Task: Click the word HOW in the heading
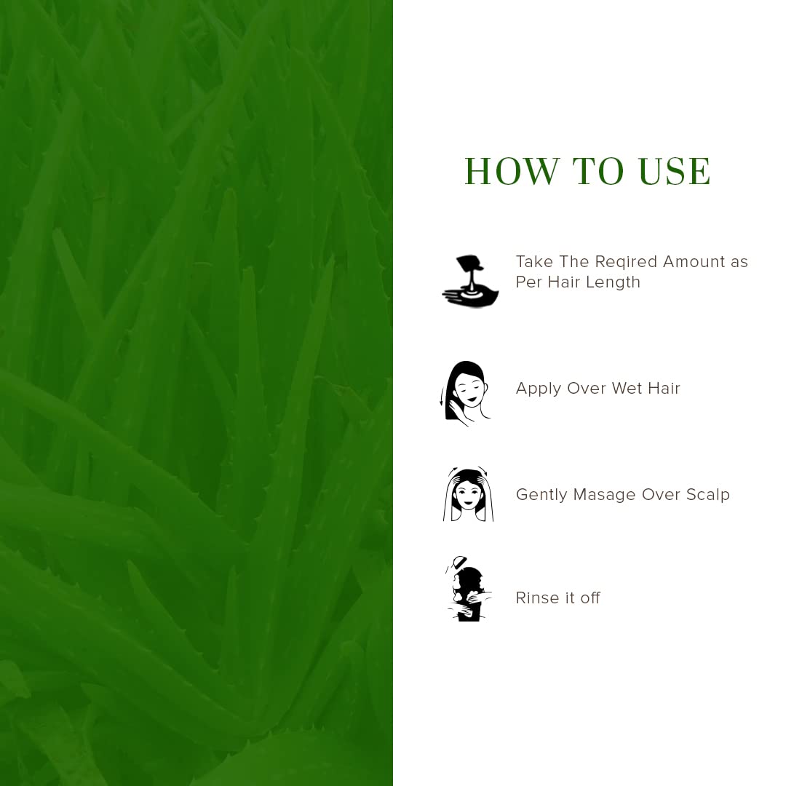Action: click(512, 171)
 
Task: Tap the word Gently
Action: click(541, 496)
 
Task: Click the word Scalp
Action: click(708, 496)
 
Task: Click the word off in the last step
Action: click(590, 598)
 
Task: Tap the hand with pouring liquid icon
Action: click(470, 281)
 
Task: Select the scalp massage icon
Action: click(468, 494)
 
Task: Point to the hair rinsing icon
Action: click(468, 589)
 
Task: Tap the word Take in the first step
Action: click(534, 262)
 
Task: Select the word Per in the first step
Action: click(529, 282)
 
